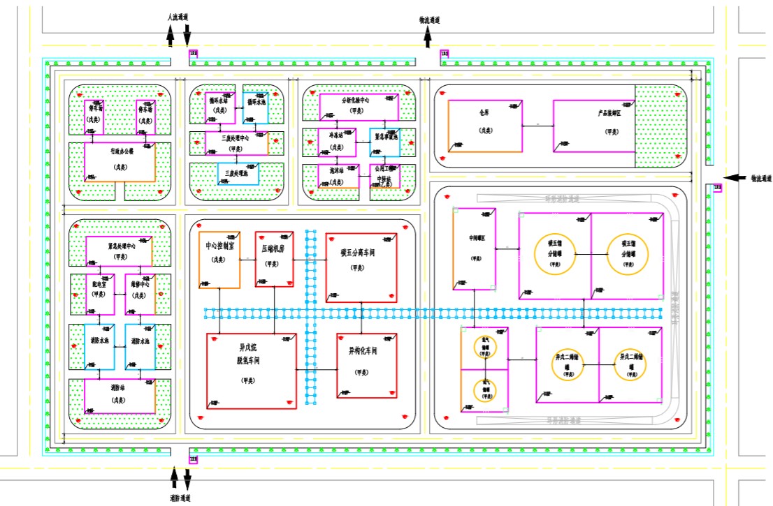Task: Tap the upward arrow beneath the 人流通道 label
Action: point(170,35)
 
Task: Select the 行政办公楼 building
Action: point(120,161)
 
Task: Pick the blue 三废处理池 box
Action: point(238,173)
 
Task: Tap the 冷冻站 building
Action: point(337,142)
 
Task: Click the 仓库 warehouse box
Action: point(484,126)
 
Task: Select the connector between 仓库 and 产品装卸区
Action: point(537,126)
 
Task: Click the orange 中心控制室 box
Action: point(219,259)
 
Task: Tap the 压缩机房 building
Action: point(274,258)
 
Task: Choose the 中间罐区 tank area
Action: point(475,248)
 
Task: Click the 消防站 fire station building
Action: point(120,395)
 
